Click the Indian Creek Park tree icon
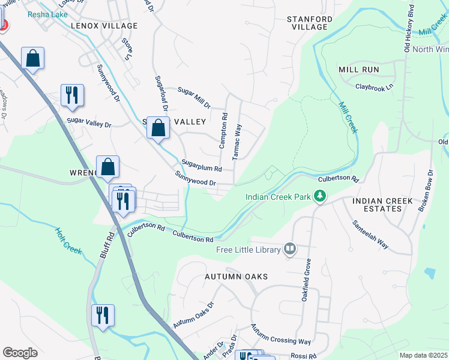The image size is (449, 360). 321,196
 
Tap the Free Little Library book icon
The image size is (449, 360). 290,249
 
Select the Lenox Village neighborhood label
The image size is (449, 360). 104,26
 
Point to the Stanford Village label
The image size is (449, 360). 309,23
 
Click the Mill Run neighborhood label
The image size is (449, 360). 359,70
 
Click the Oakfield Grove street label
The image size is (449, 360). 307,281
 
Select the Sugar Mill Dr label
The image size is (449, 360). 194,98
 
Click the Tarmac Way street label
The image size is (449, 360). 238,142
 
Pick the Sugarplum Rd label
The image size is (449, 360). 202,166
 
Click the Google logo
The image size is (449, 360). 20,352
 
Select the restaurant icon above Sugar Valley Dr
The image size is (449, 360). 72,95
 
